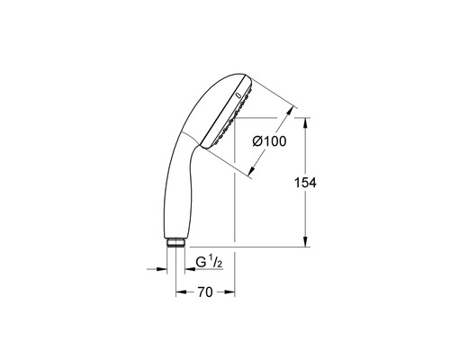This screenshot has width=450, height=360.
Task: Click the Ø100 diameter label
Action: point(269,141)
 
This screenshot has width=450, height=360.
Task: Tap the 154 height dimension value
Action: point(305,183)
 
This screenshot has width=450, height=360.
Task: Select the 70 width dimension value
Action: point(205,292)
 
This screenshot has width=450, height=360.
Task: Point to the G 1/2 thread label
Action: point(209,262)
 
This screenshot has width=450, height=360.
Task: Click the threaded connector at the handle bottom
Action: point(175,242)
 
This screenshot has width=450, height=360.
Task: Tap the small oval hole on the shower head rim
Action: point(238,95)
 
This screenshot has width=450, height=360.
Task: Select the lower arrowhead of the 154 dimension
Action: point(305,242)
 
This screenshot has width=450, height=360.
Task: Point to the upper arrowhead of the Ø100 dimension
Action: point(290,112)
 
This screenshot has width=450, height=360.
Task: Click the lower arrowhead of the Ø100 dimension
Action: point(251,171)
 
